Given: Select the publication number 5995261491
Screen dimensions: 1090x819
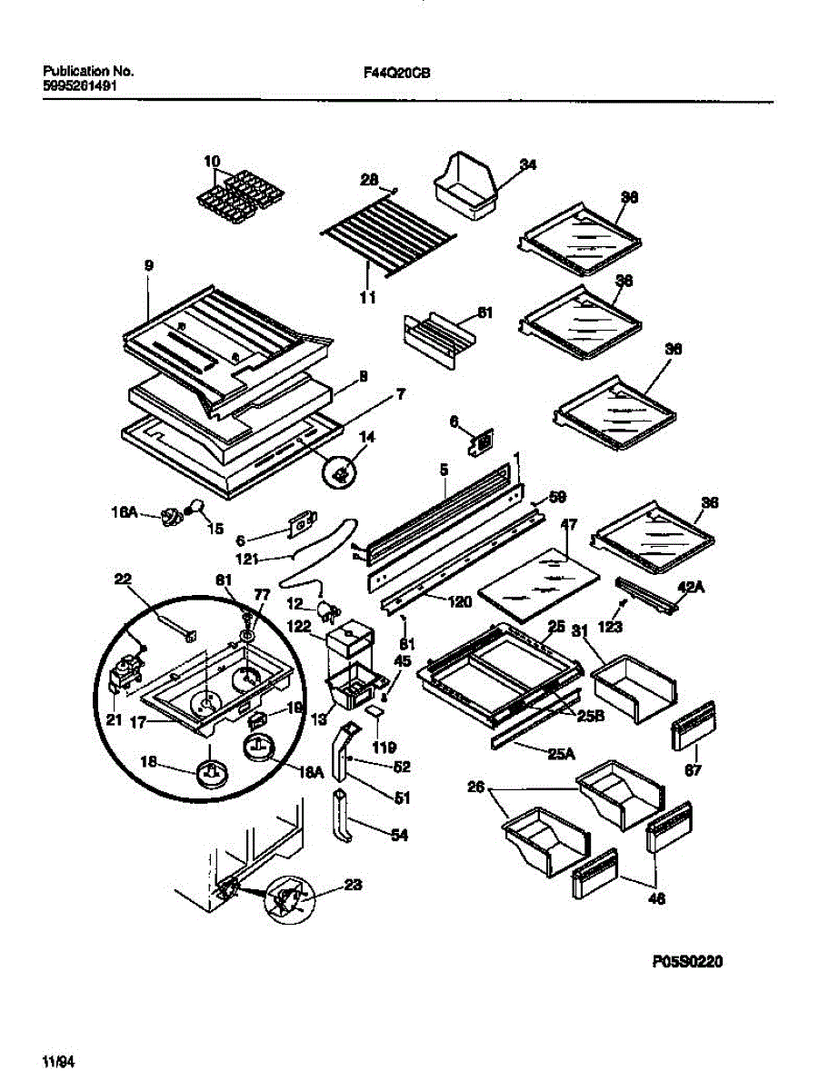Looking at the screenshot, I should [x=80, y=86].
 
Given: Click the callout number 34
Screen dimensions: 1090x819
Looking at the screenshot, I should [x=528, y=164].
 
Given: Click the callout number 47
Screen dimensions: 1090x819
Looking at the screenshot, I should [x=569, y=525].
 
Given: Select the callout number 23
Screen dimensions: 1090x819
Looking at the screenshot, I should [x=354, y=886].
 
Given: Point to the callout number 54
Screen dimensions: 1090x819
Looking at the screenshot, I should [x=399, y=836].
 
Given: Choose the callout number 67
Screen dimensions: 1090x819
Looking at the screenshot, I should [x=694, y=769].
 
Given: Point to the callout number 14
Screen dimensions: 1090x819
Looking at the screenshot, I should [x=367, y=437].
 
